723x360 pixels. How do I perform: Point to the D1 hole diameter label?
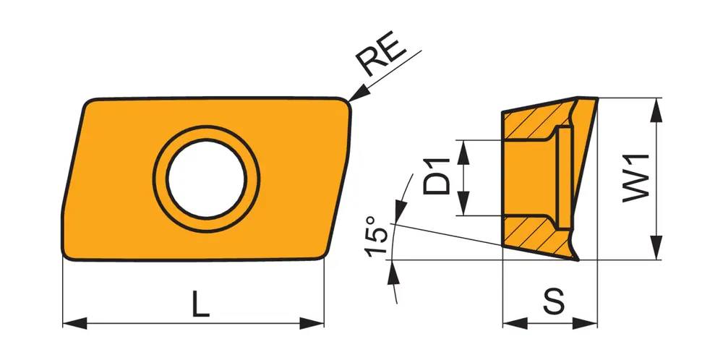(436, 176)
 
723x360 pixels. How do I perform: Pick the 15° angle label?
(375, 236)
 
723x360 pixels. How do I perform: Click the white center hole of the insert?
(206, 179)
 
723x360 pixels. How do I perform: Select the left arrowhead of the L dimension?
(74, 323)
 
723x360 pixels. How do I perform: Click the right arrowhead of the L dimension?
(312, 323)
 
